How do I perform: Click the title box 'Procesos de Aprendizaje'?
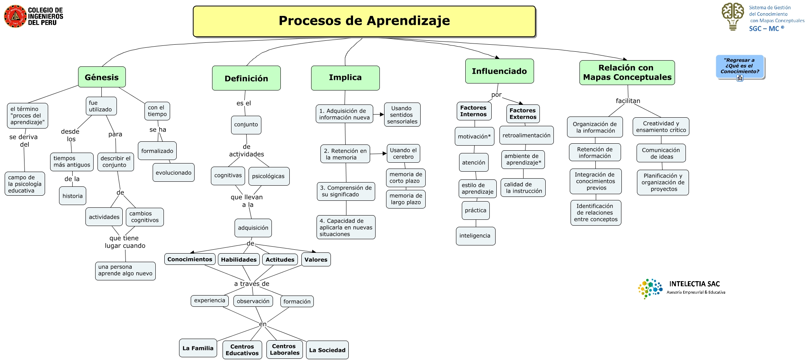pyautogui.click(x=364, y=21)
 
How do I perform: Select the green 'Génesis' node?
pyautogui.click(x=102, y=77)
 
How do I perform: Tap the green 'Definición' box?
pyautogui.click(x=246, y=78)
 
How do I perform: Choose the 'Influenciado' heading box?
pyautogui.click(x=499, y=71)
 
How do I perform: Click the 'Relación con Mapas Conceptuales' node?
pyautogui.click(x=627, y=73)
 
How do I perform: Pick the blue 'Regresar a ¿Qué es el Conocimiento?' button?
pyautogui.click(x=739, y=66)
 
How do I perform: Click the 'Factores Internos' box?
pyautogui.click(x=473, y=111)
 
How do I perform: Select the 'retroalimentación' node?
pyautogui.click(x=526, y=135)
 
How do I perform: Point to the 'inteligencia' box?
pyautogui.click(x=475, y=236)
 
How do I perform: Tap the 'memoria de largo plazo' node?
pyautogui.click(x=405, y=199)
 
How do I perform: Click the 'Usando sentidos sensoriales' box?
pyautogui.click(x=402, y=115)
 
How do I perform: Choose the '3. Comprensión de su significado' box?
pyautogui.click(x=346, y=191)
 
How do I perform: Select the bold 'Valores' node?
pyautogui.click(x=316, y=259)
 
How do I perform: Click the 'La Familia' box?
pyautogui.click(x=198, y=348)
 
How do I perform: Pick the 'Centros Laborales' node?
pyautogui.click(x=285, y=350)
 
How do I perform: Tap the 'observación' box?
pyautogui.click(x=253, y=301)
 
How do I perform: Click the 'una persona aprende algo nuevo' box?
pyautogui.click(x=125, y=270)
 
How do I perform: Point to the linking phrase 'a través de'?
pyautogui.click(x=252, y=284)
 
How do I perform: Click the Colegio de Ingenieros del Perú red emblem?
pyautogui.click(x=15, y=16)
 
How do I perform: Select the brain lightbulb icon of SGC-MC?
pyautogui.click(x=732, y=16)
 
